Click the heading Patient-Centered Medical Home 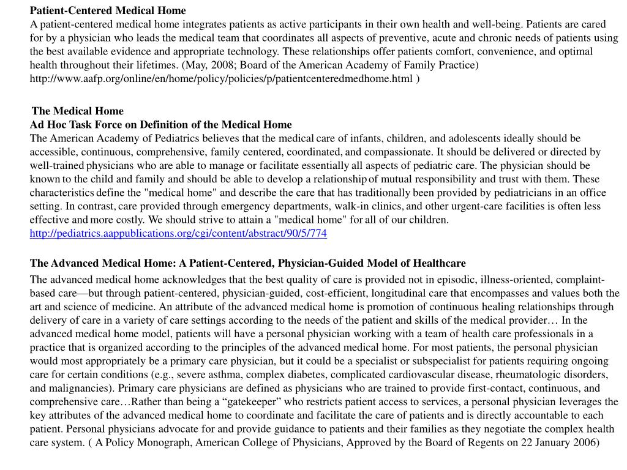pos(108,10)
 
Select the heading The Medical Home pos(78,111)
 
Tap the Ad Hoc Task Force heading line pos(161,124)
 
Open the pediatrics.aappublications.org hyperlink pos(178,233)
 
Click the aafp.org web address pos(221,78)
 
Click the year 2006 pos(586,442)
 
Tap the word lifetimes pos(157,65)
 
